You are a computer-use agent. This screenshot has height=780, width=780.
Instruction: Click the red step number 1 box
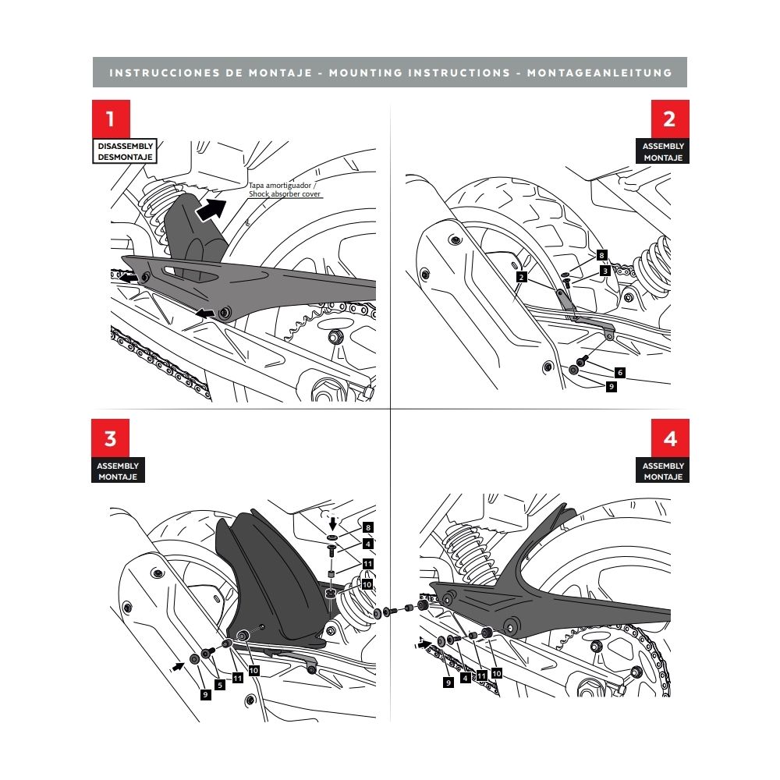point(110,119)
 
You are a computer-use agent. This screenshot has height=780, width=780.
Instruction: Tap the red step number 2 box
point(669,119)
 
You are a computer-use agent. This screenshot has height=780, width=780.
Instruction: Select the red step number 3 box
point(110,438)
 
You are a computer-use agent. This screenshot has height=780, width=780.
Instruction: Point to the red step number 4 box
point(669,438)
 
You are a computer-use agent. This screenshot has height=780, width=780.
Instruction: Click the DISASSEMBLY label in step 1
point(125,146)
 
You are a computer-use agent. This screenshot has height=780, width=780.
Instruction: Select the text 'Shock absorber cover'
point(285,194)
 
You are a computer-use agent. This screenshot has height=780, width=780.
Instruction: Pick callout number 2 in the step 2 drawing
point(521,276)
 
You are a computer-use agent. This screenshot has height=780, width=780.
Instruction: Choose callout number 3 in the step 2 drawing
point(604,270)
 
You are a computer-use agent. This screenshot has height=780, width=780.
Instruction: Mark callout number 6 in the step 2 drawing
point(619,372)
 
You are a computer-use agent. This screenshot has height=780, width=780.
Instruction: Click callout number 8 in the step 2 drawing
point(601,255)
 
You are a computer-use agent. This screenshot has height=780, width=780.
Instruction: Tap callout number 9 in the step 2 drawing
point(612,386)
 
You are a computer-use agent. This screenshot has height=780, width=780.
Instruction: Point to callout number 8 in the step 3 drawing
point(368,527)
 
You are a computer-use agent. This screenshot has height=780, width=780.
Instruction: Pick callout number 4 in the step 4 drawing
point(466,678)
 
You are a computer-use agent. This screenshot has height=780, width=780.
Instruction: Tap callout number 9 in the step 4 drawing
point(448,682)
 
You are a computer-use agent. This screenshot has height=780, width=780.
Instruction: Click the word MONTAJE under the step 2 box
point(663,158)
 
